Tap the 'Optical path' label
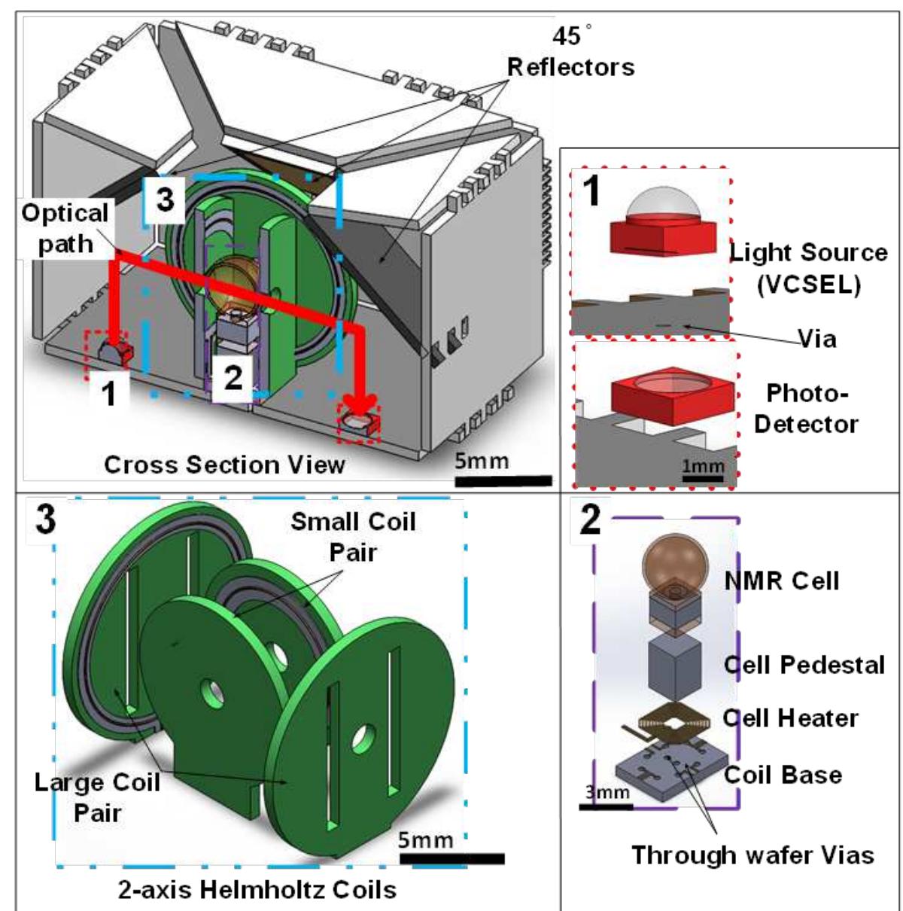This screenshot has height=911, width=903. [x=65, y=228]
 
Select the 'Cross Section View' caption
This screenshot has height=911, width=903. [x=224, y=465]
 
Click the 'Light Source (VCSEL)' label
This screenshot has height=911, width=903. [x=808, y=269]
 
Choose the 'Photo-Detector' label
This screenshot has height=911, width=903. [x=805, y=409]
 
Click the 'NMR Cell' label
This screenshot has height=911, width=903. [x=781, y=580]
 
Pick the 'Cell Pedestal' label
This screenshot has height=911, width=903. [x=804, y=665]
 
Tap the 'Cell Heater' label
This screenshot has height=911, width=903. [x=790, y=718]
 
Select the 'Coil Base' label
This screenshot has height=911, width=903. [x=783, y=775]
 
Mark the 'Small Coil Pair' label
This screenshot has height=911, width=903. [x=353, y=536]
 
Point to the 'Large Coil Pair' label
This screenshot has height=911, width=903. [x=97, y=797]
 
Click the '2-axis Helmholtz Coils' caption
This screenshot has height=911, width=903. [x=257, y=890]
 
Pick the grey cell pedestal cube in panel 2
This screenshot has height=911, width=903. [x=674, y=669]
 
